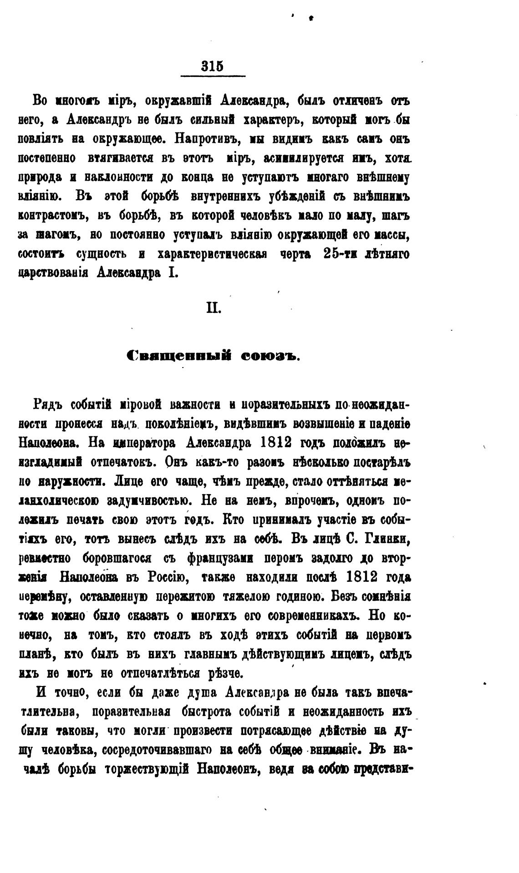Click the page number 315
pos(213,66)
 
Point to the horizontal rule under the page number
pos(213,76)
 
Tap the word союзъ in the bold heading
pos(269,356)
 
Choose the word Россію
pos(165,577)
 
